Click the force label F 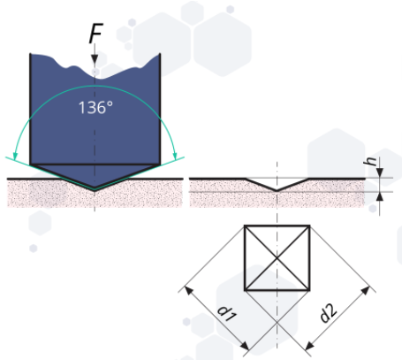pos(95,34)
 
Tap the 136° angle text pos(95,107)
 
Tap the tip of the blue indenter pos(95,189)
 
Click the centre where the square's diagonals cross pos(277,257)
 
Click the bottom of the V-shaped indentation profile pos(277,190)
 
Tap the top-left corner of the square pos(245,226)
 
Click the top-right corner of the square pos(309,226)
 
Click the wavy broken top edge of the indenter pos(95,67)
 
